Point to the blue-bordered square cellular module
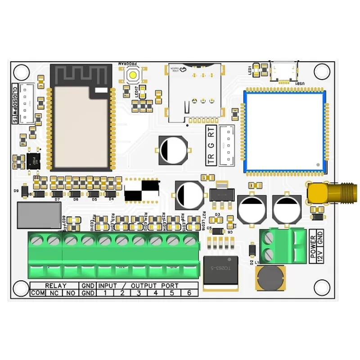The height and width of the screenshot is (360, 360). click(284, 131)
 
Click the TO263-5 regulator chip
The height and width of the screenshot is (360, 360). click(220, 270)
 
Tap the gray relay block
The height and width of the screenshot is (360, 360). click(39, 215)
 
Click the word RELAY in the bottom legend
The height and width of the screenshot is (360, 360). click(56, 286)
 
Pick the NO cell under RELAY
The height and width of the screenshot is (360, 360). click(71, 293)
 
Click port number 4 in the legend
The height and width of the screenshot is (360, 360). click(156, 293)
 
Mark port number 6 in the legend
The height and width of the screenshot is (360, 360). click(189, 293)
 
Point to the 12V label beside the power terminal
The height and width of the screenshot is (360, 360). click(320, 255)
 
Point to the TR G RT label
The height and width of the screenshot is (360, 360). click(211, 145)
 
